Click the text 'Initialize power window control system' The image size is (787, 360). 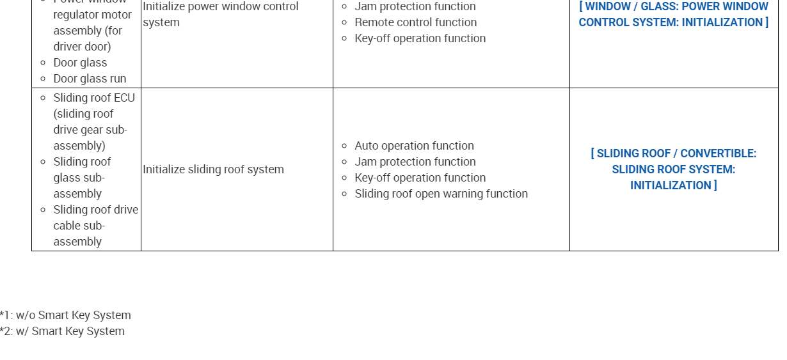point(220,14)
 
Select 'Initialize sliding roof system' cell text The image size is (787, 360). point(213,169)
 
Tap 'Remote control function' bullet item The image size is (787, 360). point(415,22)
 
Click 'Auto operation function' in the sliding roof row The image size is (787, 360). point(414,146)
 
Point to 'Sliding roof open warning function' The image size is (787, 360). point(441,194)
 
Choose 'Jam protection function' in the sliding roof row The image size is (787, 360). point(415,162)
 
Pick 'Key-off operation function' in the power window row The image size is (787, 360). point(420,38)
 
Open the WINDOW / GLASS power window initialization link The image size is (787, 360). point(673,14)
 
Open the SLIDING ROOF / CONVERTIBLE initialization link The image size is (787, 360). point(673,169)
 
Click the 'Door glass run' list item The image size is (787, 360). point(90,79)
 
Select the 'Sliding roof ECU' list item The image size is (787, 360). point(94,98)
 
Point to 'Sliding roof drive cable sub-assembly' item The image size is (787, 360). point(95,210)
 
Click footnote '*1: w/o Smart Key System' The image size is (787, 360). point(65,315)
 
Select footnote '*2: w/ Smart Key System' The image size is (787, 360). point(62,331)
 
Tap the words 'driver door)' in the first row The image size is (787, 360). point(82,47)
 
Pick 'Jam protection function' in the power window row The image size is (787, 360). point(415,6)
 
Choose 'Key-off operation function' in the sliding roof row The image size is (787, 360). point(420,178)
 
